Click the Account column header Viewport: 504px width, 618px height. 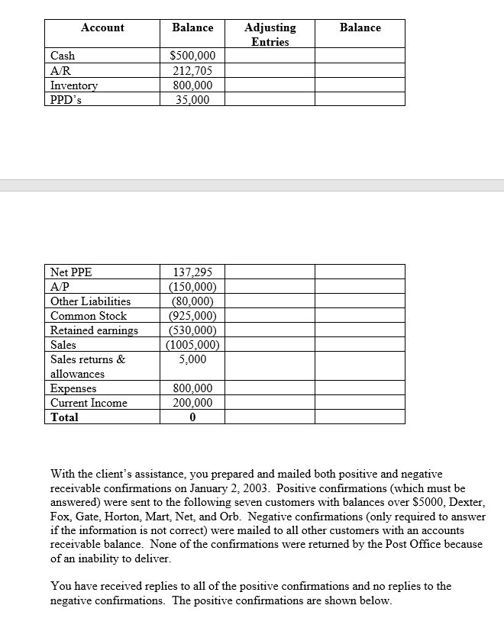tap(102, 27)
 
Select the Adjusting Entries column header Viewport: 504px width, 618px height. tap(270, 34)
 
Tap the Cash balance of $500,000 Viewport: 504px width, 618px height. tap(192, 56)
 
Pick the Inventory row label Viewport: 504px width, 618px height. tap(74, 85)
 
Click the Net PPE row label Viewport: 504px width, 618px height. tap(71, 272)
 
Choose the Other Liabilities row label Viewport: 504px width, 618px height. tap(90, 301)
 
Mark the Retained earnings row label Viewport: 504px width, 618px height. tap(94, 330)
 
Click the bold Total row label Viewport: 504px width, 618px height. tap(64, 417)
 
